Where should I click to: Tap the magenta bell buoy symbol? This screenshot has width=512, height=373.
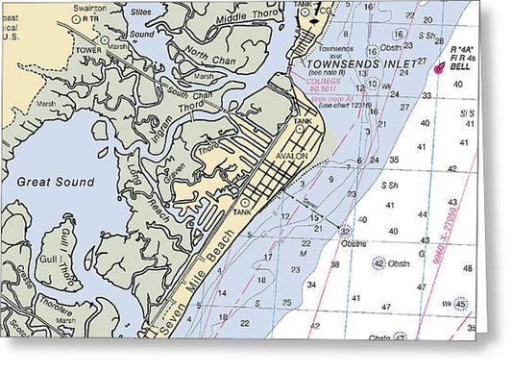(440, 67)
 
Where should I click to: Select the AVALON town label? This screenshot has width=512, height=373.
(290, 156)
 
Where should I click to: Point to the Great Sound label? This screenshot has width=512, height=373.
(56, 182)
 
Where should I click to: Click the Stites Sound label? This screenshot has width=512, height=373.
(140, 23)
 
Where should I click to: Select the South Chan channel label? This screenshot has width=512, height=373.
(187, 97)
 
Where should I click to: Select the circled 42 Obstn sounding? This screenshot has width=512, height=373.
(378, 263)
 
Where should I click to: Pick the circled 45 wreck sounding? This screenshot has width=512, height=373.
(462, 304)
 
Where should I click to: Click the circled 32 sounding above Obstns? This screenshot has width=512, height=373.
(345, 231)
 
